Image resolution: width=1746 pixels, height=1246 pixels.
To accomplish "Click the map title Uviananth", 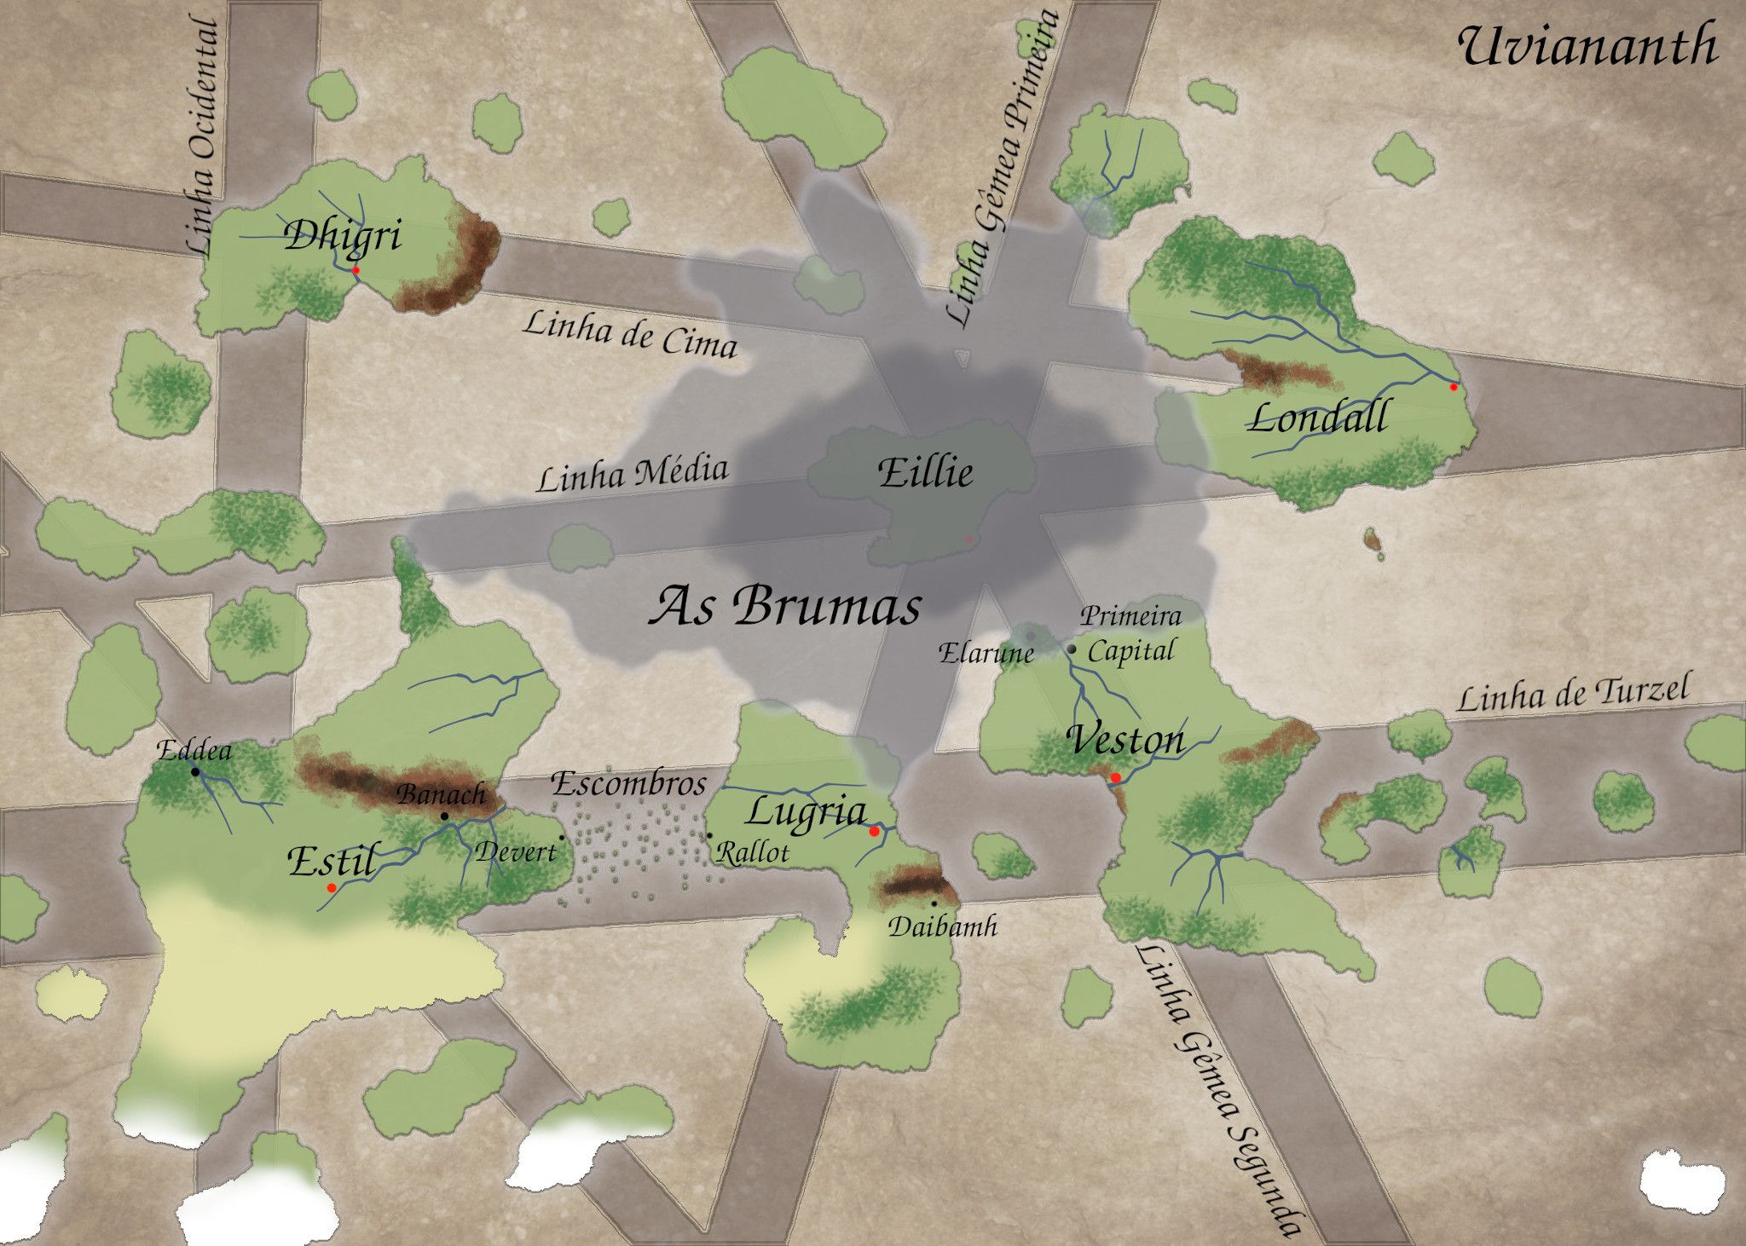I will [1587, 46].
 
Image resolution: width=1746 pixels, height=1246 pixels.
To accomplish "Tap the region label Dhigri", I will [343, 235].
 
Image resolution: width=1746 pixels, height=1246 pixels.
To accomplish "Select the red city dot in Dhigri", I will [356, 270].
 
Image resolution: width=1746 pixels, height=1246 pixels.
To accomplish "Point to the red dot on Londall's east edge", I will [1454, 387].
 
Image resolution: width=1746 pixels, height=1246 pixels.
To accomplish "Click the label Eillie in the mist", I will [925, 472].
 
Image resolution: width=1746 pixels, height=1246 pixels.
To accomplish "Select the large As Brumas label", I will [785, 605].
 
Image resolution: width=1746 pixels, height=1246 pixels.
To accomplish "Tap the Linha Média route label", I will [632, 474].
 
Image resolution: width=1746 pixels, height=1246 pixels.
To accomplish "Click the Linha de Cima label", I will [630, 333].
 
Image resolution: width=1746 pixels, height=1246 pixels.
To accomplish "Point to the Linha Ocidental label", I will [203, 136].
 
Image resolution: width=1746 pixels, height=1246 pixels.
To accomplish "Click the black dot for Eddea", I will [195, 772].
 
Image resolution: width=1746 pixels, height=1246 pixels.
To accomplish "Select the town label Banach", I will [441, 794].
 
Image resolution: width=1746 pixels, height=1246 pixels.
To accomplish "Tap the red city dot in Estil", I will [332, 888].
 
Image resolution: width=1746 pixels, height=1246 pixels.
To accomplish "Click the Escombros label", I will [629, 783].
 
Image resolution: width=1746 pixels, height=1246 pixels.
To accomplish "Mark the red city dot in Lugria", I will [874, 831].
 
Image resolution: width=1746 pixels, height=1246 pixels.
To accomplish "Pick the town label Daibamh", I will [943, 926].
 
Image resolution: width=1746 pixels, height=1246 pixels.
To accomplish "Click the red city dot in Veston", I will [1115, 777].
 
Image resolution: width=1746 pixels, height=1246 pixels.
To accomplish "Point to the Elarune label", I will [986, 654].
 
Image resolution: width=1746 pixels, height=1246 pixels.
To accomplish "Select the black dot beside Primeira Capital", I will [1072, 649].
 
